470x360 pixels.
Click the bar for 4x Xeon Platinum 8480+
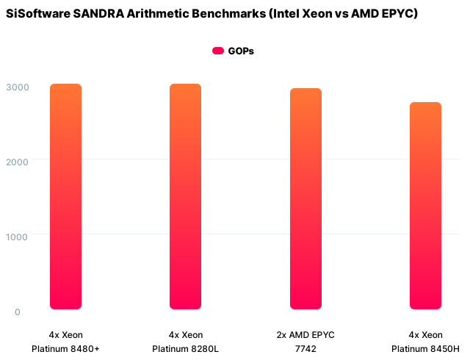(65, 196)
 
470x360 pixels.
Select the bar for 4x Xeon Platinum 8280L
(185, 196)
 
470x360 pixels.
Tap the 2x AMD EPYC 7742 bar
(305, 198)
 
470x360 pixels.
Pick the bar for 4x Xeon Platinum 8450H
(425, 206)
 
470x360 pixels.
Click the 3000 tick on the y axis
(18, 87)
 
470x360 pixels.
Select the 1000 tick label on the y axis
(18, 237)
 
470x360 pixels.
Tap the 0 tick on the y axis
(18, 312)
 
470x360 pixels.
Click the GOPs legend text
(241, 51)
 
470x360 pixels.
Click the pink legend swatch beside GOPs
(218, 51)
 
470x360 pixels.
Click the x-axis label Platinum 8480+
(65, 348)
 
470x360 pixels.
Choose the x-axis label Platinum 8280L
(185, 348)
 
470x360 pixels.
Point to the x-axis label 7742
(305, 348)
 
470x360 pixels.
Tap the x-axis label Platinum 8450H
(425, 348)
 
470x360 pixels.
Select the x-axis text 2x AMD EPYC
(305, 334)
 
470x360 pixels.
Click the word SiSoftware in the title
(37, 14)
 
